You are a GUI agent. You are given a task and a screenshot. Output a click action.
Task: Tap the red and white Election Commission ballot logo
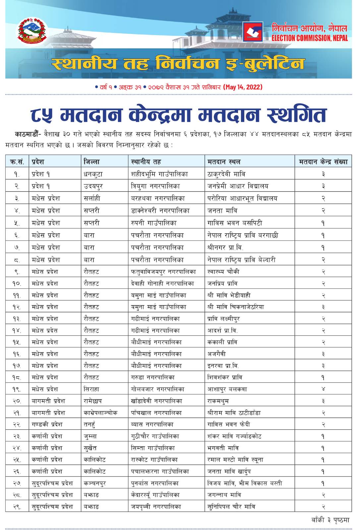click(253, 32)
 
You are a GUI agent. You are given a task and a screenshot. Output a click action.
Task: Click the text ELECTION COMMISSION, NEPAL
click(310, 38)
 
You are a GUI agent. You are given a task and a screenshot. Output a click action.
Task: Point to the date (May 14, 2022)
click(243, 87)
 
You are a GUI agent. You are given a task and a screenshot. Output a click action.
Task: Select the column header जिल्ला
click(92, 162)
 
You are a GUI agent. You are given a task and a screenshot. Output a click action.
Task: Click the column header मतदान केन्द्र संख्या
click(323, 162)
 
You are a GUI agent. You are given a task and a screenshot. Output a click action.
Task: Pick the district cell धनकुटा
click(93, 174)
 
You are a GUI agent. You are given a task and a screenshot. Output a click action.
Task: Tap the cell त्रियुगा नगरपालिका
click(155, 186)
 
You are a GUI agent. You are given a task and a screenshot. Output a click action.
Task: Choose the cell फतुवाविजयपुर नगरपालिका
click(163, 272)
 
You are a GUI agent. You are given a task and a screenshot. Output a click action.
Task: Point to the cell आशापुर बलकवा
click(227, 389)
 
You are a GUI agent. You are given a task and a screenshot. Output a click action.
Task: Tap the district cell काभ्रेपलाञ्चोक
click(100, 413)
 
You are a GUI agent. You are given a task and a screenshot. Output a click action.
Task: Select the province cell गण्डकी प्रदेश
click(47, 424)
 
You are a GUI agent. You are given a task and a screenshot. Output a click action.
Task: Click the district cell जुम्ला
click(90, 436)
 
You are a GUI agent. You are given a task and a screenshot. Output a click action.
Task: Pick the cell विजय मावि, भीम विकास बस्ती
click(244, 483)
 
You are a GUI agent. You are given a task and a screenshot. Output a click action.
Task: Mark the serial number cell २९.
click(17, 507)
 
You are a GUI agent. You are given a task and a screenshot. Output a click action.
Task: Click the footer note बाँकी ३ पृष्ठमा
click(330, 520)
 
